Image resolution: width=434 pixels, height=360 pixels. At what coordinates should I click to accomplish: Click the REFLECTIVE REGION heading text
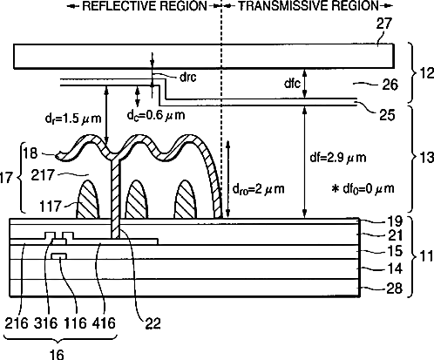[x=145, y=6]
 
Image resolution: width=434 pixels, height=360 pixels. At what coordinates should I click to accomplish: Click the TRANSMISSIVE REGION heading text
[x=309, y=6]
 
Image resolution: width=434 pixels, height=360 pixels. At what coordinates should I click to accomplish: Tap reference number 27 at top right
[x=384, y=24]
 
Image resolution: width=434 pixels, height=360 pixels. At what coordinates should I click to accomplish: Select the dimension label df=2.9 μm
[x=338, y=158]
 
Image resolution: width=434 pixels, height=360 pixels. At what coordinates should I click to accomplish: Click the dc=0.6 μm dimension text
[x=156, y=115]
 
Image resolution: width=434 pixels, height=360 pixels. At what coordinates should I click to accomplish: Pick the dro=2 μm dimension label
[x=258, y=189]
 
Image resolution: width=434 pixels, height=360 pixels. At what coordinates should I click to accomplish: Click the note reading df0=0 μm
[x=363, y=189]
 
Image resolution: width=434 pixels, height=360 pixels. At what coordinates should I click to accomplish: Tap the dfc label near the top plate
[x=292, y=84]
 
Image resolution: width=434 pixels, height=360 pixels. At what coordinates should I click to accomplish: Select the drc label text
[x=188, y=77]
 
